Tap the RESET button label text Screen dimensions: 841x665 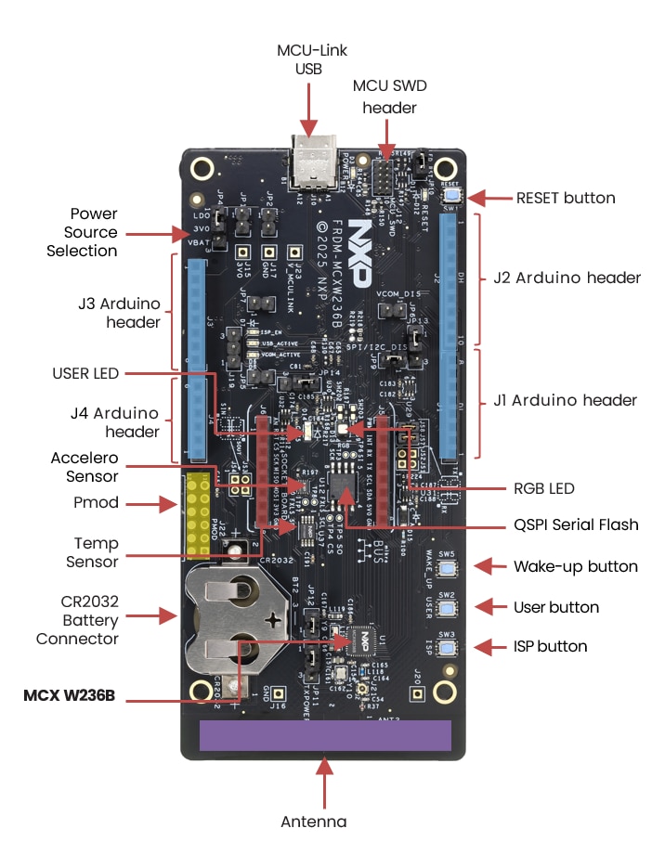pos(566,198)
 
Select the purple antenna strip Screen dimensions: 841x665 pos(325,735)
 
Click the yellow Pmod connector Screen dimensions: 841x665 pos(198,515)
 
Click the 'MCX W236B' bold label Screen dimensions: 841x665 pos(70,693)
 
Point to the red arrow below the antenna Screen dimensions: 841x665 pos(325,784)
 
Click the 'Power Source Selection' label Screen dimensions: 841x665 pos(82,232)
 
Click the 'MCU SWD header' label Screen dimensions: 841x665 pos(385,97)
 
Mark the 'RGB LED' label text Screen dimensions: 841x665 pos(543,488)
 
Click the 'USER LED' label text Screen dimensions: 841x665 pos(85,373)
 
